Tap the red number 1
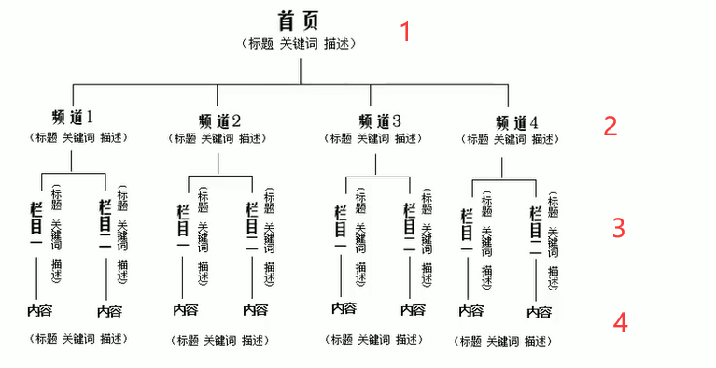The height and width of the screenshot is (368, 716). click(405, 32)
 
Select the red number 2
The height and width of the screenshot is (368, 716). click(610, 126)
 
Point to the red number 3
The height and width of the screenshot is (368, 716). click(618, 228)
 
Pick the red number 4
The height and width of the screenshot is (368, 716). click(620, 323)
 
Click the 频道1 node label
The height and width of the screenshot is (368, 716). click(74, 118)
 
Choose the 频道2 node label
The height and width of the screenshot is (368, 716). click(219, 120)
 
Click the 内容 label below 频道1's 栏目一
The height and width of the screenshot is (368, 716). click(39, 309)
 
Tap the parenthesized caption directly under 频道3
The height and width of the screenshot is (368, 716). click(374, 138)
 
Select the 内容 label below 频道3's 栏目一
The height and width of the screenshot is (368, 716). click(343, 308)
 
